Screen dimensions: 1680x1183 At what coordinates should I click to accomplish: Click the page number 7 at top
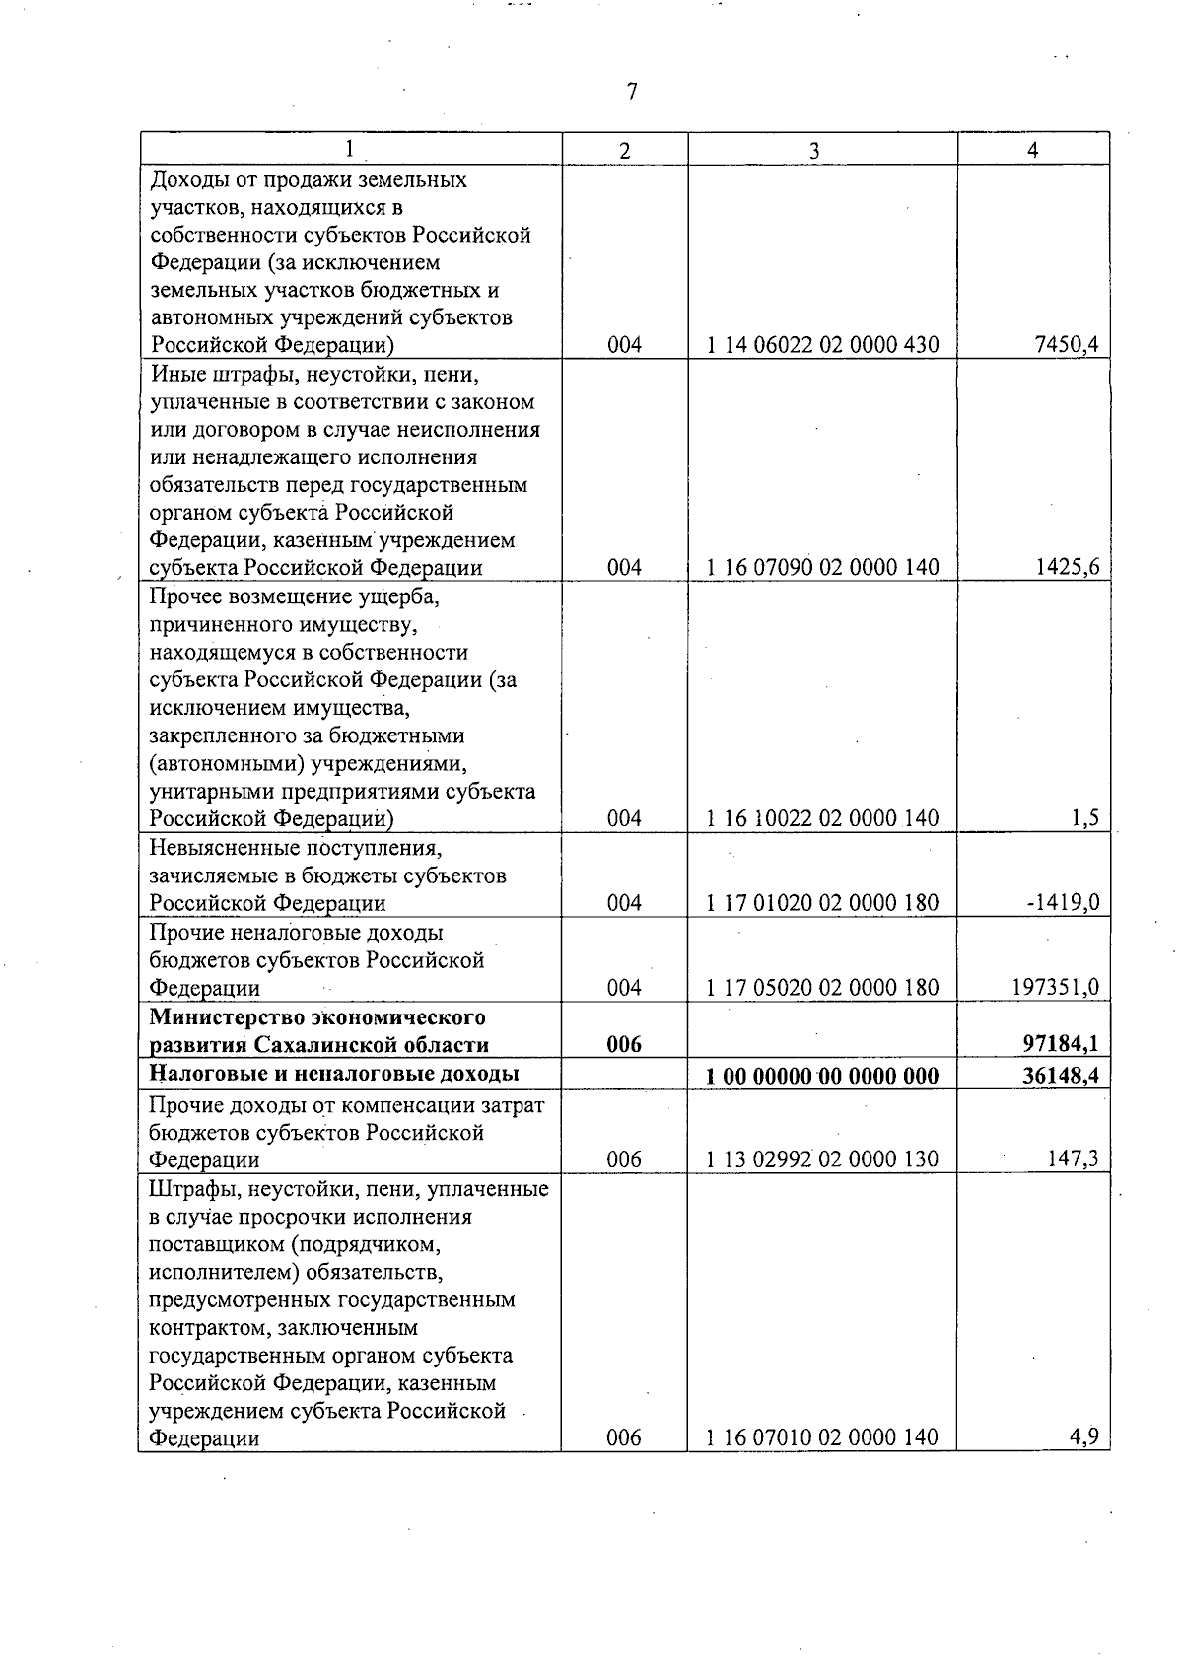coord(632,92)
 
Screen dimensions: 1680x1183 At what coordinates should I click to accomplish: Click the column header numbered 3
coord(814,150)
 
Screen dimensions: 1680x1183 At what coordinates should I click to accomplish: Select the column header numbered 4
coord(1032,149)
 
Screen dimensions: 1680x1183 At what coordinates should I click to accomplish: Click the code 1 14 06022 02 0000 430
coord(823,345)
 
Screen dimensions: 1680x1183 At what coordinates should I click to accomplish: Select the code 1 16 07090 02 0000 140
coord(823,567)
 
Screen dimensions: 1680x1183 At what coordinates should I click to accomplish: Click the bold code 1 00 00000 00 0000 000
coord(823,1075)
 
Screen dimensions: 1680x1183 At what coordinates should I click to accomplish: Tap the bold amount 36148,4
coord(1063,1075)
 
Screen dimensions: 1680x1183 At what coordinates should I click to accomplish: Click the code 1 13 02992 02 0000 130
coord(823,1159)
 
